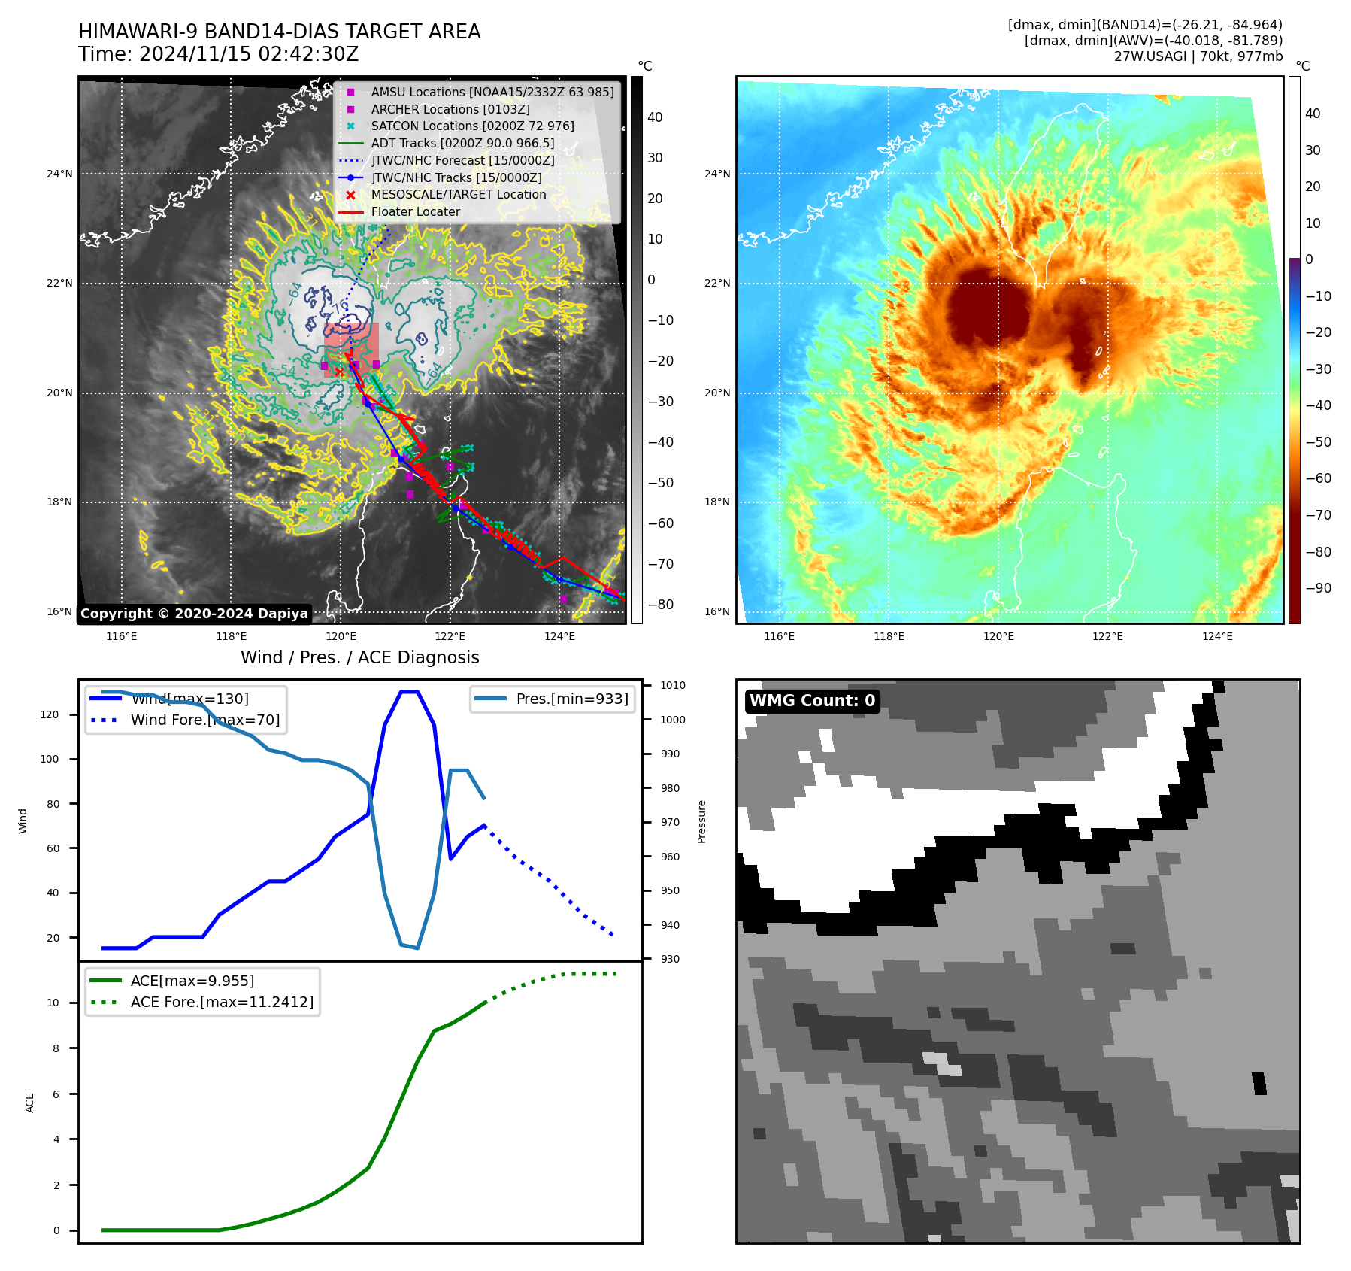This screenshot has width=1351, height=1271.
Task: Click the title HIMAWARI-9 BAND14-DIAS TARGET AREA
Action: (x=279, y=32)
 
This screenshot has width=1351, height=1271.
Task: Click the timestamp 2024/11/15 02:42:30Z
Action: (x=249, y=55)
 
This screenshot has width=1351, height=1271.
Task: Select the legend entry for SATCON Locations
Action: (x=472, y=126)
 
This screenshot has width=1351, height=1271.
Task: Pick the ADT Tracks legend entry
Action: (x=462, y=144)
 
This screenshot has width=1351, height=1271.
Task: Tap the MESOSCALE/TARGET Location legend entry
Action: (x=459, y=195)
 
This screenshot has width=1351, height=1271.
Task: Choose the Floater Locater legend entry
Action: (x=415, y=212)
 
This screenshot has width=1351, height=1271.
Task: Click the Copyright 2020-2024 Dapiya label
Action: (x=194, y=614)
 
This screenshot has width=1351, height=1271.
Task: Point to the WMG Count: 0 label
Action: (x=812, y=701)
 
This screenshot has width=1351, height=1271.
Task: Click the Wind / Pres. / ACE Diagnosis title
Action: (x=359, y=657)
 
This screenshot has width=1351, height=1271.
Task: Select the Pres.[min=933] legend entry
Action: (x=571, y=699)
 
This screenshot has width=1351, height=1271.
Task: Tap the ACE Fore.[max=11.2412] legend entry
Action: (x=222, y=1003)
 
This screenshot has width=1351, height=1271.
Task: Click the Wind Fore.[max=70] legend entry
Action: (x=204, y=720)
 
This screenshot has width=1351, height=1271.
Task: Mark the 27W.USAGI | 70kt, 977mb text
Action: (x=1198, y=56)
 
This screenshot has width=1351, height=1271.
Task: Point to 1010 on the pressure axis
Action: (x=673, y=686)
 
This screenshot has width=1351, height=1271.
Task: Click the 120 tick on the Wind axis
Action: (x=50, y=715)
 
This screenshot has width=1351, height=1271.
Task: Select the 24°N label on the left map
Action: (x=59, y=174)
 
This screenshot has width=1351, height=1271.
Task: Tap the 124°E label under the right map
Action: (x=1217, y=637)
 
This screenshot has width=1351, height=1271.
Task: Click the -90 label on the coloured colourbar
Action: (x=1318, y=589)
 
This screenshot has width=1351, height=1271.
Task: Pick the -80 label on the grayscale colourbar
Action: (x=661, y=605)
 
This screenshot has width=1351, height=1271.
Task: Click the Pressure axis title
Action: (x=702, y=821)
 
